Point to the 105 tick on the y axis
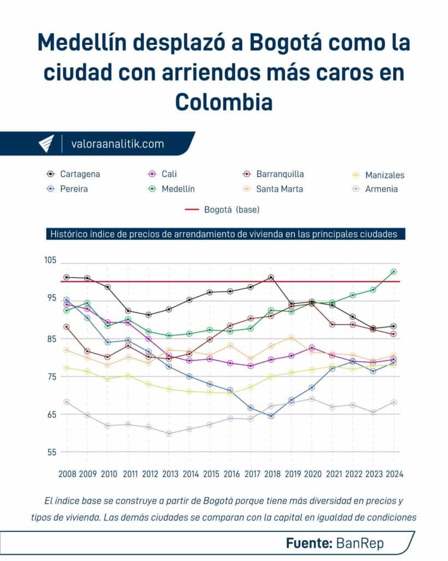pos(51,260)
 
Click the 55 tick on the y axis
pos(51,453)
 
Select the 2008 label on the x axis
pos(66,474)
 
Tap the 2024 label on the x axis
pos(394,474)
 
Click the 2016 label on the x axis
pos(230,474)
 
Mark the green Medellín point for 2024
pos(394,272)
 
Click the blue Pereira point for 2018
pos(271,416)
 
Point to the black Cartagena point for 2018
pos(271,277)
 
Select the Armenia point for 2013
pos(169,433)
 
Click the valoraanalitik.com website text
pos(118,144)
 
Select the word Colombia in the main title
pos(224,102)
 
